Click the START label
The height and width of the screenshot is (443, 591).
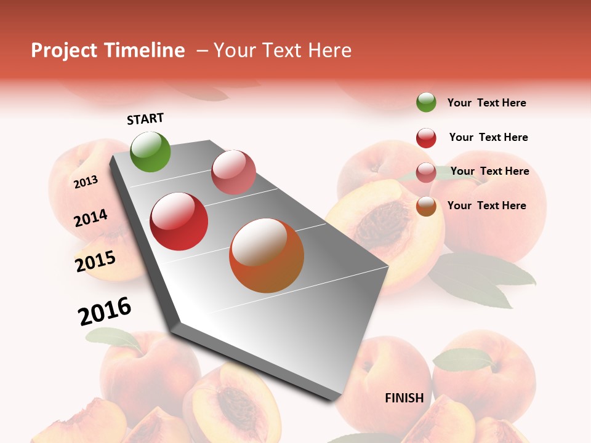[x=145, y=119]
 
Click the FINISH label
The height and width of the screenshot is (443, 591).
[x=404, y=398]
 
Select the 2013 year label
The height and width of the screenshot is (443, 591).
[x=86, y=182]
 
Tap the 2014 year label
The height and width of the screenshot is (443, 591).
[x=90, y=218]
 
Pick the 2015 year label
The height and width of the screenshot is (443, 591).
[x=95, y=261]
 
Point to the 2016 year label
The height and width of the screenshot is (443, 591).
[x=105, y=311]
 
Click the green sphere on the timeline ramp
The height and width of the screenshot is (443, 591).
[x=150, y=151]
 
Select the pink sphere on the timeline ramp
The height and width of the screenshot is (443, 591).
[x=233, y=172]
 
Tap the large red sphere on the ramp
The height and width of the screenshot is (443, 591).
[x=179, y=221]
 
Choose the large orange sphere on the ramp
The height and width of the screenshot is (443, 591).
[x=267, y=255]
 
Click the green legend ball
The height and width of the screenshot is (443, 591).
[x=426, y=102]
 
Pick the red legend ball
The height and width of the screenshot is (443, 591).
[x=426, y=138]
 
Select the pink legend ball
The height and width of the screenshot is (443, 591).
[x=426, y=172]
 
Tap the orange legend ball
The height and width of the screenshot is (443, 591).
[x=426, y=206]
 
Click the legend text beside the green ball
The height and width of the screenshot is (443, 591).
[x=486, y=103]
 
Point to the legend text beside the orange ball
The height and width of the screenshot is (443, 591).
[x=486, y=206]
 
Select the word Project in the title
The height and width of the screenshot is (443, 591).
[x=64, y=50]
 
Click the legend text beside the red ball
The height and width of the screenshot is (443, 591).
[x=488, y=137]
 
